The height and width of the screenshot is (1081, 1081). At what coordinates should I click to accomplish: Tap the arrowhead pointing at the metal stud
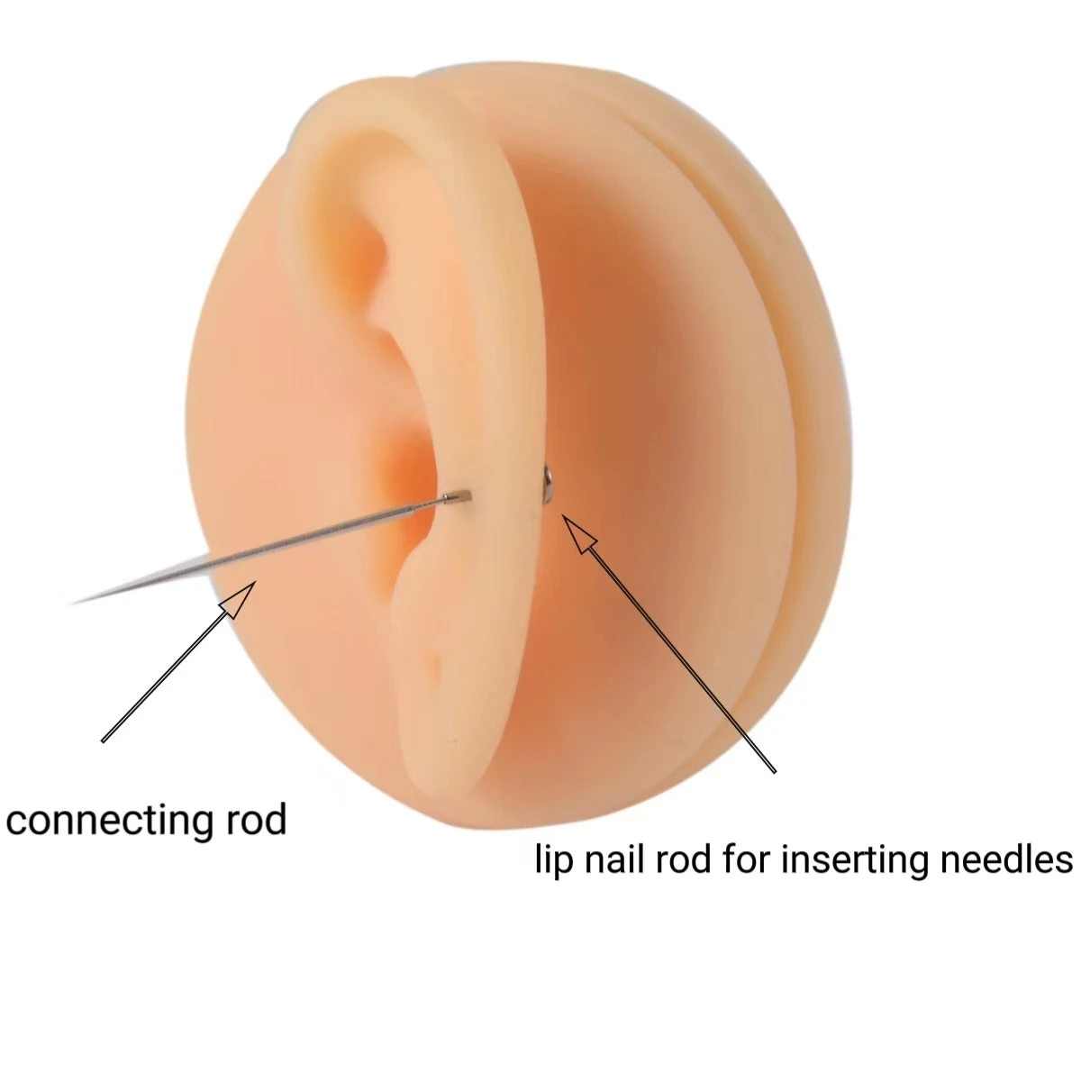pyautogui.click(x=581, y=539)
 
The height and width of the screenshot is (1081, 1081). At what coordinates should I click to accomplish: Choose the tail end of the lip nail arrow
pyautogui.click(x=775, y=771)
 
